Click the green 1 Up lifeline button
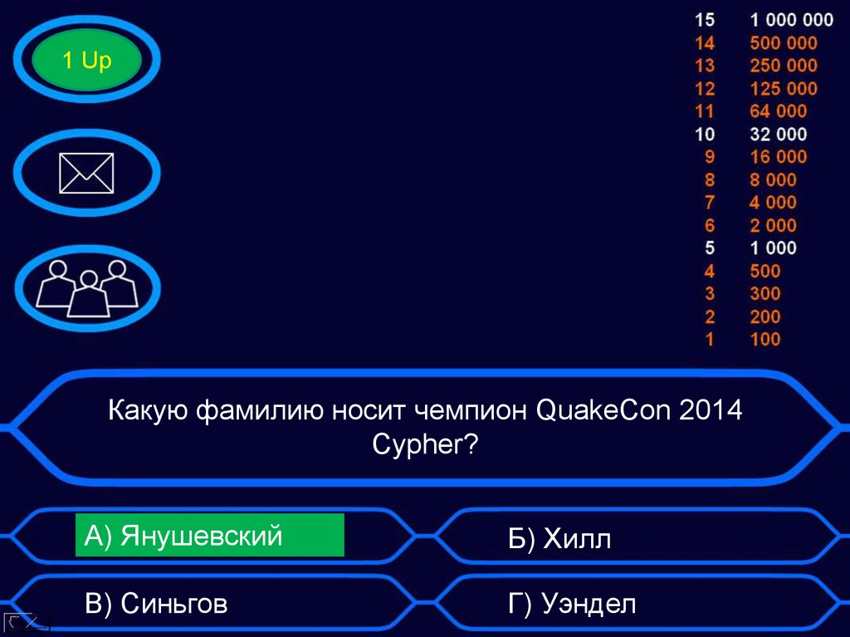point(86,61)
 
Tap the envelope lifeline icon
point(87,173)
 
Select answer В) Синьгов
point(156,604)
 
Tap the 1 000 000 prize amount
point(791,20)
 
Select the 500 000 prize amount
point(783,43)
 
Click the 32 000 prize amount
point(778,134)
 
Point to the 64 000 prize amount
point(778,111)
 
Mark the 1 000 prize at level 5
point(773,247)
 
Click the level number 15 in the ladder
point(705,20)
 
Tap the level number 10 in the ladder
point(705,134)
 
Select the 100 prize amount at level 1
point(765,339)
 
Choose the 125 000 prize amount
point(783,88)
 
